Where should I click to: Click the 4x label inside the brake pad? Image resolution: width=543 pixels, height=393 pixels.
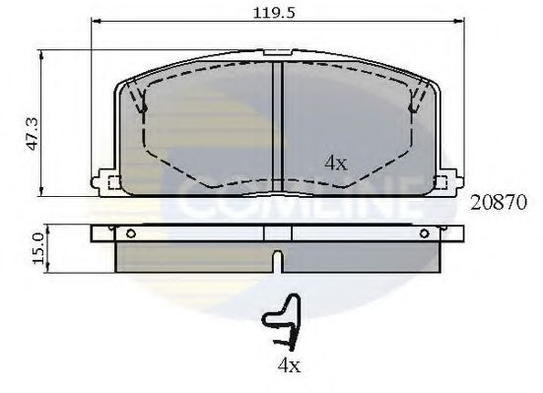(335, 164)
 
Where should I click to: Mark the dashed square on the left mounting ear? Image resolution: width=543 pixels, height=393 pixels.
(111, 182)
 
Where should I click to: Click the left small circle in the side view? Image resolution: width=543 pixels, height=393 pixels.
(130, 233)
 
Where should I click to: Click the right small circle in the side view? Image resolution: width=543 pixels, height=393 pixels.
(424, 233)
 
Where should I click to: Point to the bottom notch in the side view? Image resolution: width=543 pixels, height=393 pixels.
(278, 262)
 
